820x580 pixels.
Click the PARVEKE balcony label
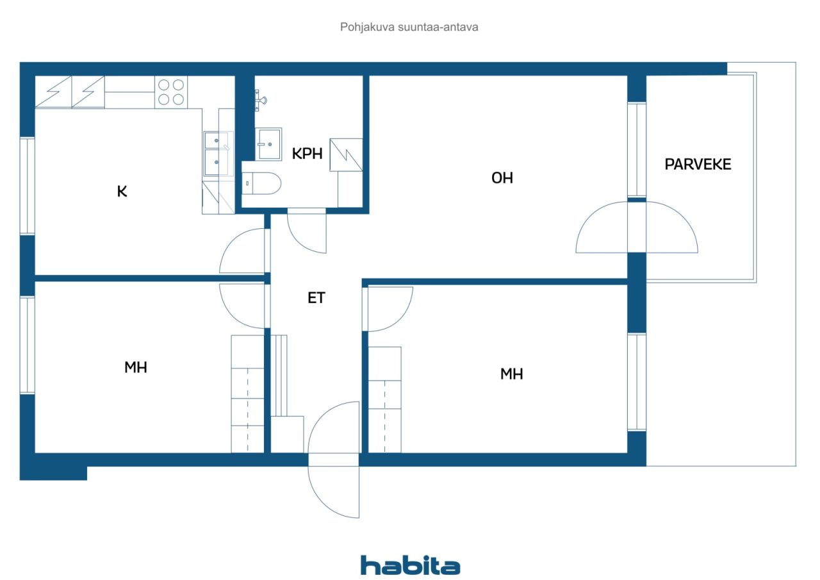coord(698,165)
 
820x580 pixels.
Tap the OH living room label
coord(502,178)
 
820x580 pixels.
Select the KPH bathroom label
coord(307,154)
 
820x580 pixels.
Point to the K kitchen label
coord(122,192)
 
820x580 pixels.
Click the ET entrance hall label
coord(316,298)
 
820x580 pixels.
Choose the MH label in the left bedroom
coord(136,368)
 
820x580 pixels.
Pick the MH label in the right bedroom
coord(512,374)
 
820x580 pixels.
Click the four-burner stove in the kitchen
coord(171,92)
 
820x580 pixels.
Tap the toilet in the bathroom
coord(261,183)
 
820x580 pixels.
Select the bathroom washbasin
coord(268,144)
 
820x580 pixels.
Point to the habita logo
coord(410,566)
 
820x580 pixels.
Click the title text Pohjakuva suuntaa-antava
coord(409,27)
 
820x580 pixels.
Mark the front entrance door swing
coord(334,460)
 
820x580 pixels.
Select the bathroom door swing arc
coord(307,231)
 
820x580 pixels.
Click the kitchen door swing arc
coord(242,251)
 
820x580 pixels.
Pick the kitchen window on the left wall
coord(28,186)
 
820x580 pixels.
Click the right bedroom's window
coord(637,382)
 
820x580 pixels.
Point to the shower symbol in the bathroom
coord(346,155)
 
